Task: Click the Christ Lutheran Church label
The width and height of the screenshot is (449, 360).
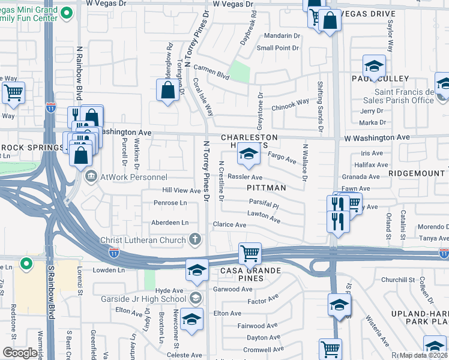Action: (x=143, y=240)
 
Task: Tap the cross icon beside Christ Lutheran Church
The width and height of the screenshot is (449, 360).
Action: (x=194, y=240)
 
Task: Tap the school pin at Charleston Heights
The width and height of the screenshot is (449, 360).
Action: (x=247, y=155)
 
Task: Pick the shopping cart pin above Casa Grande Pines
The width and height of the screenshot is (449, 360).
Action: (x=249, y=253)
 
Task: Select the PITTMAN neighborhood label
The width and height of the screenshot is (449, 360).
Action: (x=264, y=188)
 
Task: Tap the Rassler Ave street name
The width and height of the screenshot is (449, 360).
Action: (x=246, y=178)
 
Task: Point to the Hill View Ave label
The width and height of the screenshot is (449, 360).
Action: (x=182, y=191)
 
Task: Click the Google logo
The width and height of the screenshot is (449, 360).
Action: (x=20, y=353)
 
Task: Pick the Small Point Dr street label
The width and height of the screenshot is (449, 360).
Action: (x=278, y=48)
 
